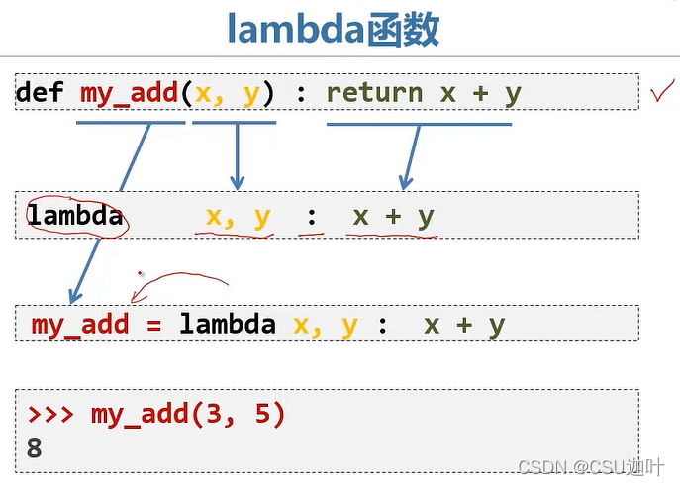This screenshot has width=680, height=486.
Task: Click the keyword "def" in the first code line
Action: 40,93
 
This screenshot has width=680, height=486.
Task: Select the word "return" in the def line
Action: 374,93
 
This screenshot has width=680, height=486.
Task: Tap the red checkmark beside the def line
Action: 662,94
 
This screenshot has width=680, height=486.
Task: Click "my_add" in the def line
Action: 124,93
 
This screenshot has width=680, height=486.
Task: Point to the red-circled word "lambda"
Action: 75,216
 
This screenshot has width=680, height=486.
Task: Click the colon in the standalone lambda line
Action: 313,216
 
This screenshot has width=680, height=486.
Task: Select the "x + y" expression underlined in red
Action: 393,216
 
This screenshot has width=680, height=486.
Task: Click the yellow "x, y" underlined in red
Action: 238,216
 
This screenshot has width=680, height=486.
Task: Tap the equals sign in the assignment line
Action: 154,325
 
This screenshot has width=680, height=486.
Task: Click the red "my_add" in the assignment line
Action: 80,325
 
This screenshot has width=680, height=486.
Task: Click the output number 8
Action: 35,447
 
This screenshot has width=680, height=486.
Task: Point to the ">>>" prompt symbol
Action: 51,414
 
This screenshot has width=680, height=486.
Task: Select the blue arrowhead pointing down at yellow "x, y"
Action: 237,182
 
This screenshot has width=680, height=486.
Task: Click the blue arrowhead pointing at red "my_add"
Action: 74,295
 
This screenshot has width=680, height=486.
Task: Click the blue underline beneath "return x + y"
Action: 419,124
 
